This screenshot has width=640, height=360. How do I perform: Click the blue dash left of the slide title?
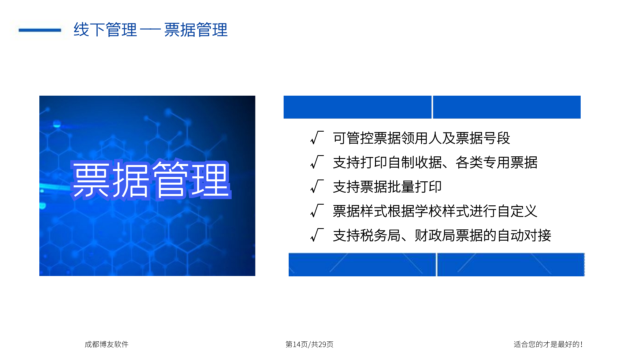(x=40, y=30)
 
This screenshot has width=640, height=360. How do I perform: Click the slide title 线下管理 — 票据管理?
(x=151, y=30)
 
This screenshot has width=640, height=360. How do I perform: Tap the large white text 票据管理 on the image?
(x=151, y=180)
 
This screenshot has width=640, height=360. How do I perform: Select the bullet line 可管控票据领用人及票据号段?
(x=421, y=138)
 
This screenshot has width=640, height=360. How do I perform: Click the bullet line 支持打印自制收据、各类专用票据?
(x=435, y=162)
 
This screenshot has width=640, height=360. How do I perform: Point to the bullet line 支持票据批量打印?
(x=387, y=187)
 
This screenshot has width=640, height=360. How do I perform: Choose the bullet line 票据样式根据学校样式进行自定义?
(x=435, y=211)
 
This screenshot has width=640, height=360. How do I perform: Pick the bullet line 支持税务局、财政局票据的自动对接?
(x=442, y=235)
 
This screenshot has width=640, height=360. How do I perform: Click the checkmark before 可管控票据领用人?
(x=317, y=137)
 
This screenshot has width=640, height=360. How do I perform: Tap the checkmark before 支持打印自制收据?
(x=317, y=162)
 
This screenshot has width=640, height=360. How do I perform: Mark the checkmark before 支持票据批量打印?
(x=317, y=186)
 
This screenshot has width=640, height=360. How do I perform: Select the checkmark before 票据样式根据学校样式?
(x=317, y=210)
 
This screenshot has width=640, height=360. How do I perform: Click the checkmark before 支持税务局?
(x=317, y=235)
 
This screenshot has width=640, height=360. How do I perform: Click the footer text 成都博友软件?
(x=106, y=344)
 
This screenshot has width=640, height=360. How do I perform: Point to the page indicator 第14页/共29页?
(x=309, y=344)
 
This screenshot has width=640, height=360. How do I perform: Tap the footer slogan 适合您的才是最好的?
(x=548, y=344)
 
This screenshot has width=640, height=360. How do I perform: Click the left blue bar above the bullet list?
(x=357, y=107)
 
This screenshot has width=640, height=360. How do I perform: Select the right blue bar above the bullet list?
(x=507, y=107)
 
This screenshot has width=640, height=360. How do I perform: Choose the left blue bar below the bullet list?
(x=362, y=265)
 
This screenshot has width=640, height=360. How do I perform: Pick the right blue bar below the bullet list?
(x=511, y=265)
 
